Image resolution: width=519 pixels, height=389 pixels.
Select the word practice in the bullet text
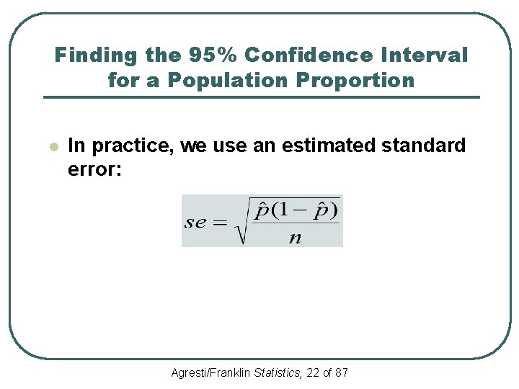(x=132, y=146)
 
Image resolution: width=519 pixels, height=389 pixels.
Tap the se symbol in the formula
(x=195, y=222)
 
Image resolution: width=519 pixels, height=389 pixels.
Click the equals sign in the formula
(x=220, y=223)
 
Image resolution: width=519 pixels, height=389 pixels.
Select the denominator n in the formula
(x=295, y=238)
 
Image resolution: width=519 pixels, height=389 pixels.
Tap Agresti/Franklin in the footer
(x=211, y=372)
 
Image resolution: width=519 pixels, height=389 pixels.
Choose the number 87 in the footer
(x=342, y=372)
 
